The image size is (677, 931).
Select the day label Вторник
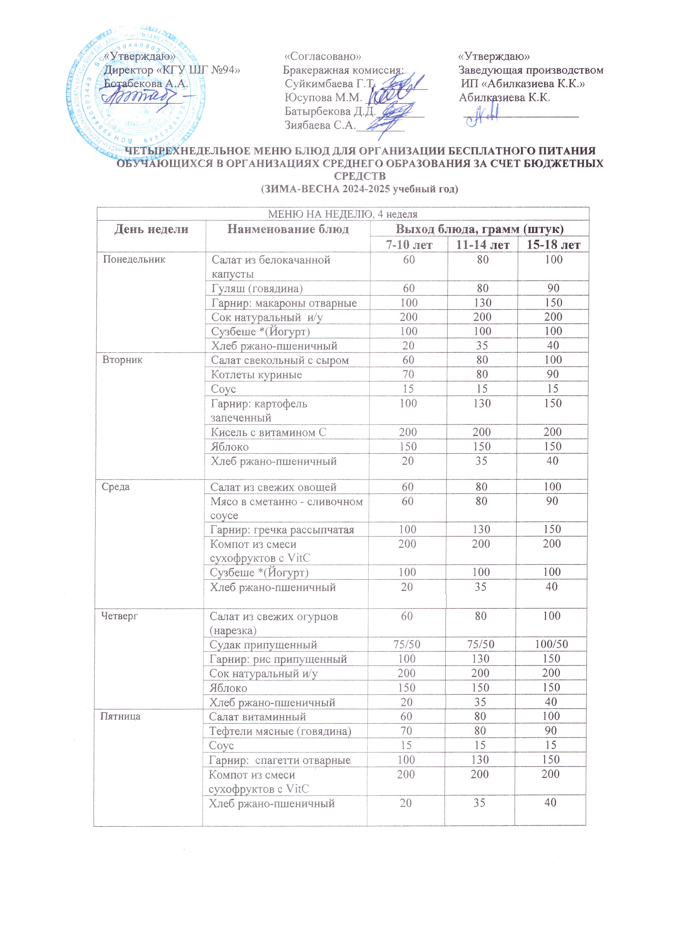(x=122, y=360)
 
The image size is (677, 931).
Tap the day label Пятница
(x=120, y=716)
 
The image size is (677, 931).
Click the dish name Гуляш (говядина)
(x=257, y=289)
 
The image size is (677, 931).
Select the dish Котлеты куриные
(x=256, y=374)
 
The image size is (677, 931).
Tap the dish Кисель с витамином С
(x=268, y=432)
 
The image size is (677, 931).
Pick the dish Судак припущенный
(x=263, y=645)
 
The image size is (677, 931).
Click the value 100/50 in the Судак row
(x=551, y=644)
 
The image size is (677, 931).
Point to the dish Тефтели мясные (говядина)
(x=280, y=731)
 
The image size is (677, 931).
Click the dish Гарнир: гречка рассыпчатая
(x=282, y=529)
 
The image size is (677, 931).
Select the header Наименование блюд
(x=288, y=229)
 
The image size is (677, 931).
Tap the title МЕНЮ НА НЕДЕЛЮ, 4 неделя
(x=342, y=214)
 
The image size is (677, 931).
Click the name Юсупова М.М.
(x=323, y=98)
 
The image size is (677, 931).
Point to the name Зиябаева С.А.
(x=320, y=125)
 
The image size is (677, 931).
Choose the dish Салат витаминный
(x=257, y=717)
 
